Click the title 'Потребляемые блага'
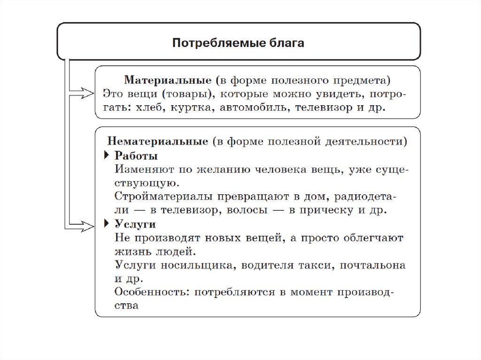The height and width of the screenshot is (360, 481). [239, 43]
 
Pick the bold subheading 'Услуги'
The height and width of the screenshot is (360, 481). [135, 224]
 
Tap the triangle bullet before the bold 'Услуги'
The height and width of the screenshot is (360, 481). [106, 224]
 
